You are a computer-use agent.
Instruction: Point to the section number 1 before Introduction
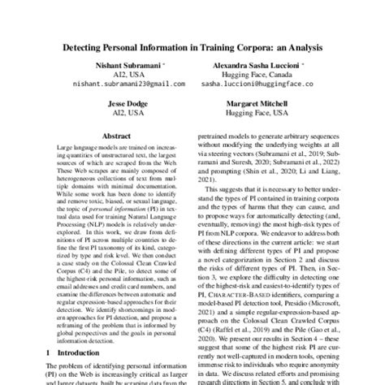pyautogui.click(x=52, y=353)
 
